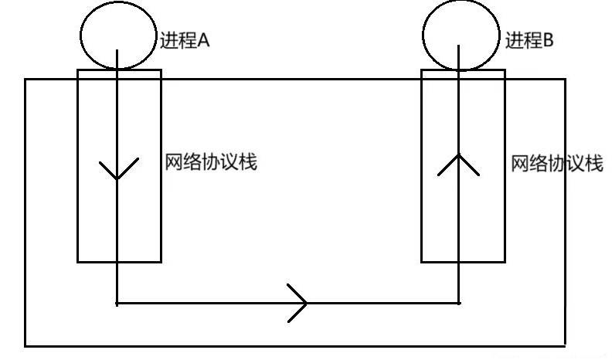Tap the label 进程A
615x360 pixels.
click(x=184, y=41)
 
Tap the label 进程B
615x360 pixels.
click(x=529, y=41)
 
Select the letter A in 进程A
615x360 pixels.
click(x=204, y=41)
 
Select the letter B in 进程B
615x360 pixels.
click(x=549, y=41)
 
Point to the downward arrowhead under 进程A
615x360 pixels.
click(x=117, y=170)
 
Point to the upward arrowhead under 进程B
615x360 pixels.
click(x=460, y=162)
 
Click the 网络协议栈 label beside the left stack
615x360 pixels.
click(x=210, y=163)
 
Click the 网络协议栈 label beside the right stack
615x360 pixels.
click(x=556, y=165)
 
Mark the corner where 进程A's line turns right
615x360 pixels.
click(x=117, y=302)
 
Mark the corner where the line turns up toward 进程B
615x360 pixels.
click(x=460, y=302)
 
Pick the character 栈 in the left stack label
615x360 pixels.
click(x=247, y=163)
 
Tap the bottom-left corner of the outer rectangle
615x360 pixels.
click(x=25, y=345)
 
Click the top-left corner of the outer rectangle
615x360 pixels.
click(x=25, y=79)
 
